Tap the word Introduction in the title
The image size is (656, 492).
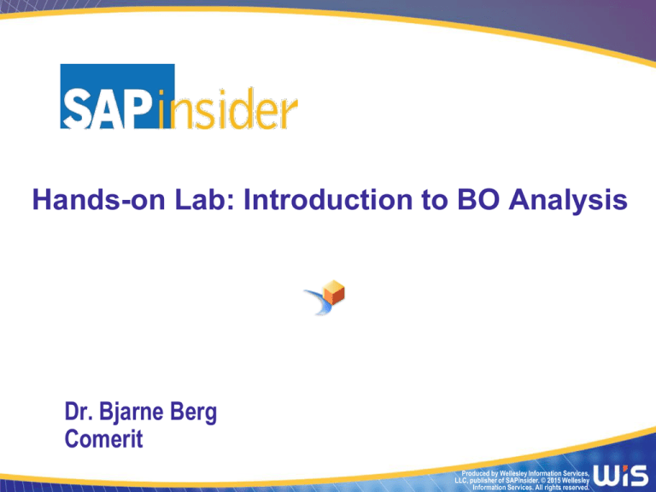click(x=328, y=200)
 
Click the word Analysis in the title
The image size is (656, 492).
click(x=568, y=201)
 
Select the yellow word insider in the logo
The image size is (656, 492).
click(x=228, y=108)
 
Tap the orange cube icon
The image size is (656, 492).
click(x=334, y=292)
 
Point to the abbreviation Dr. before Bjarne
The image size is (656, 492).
click(x=79, y=411)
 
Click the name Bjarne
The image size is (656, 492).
click(x=131, y=413)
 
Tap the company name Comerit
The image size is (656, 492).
click(x=103, y=439)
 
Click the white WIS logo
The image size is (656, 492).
click(x=620, y=475)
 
